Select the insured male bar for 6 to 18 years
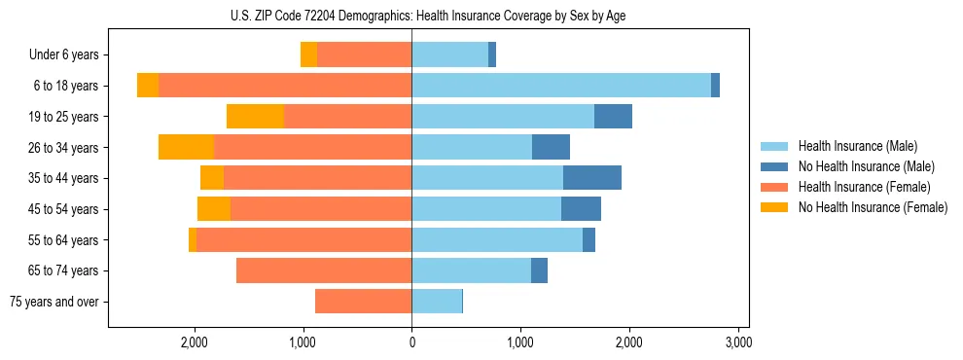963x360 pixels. point(561,86)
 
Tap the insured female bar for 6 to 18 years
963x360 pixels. point(285,86)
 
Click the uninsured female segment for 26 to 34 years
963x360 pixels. point(186,147)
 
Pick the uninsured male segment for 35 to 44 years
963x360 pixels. point(592,178)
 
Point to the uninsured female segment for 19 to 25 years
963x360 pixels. point(255,117)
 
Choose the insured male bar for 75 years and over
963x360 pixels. point(437,302)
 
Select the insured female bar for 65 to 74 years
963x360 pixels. point(324,270)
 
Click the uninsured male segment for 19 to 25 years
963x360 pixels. point(613,117)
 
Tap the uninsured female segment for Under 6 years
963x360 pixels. point(308,54)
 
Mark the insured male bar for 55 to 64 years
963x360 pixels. point(497,239)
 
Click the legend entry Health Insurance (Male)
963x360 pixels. point(858,146)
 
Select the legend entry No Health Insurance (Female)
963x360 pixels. point(873,207)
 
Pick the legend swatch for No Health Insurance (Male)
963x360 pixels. point(775,166)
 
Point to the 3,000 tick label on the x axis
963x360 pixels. point(738,342)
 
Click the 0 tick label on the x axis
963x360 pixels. point(411,342)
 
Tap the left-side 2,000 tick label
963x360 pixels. point(195,342)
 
